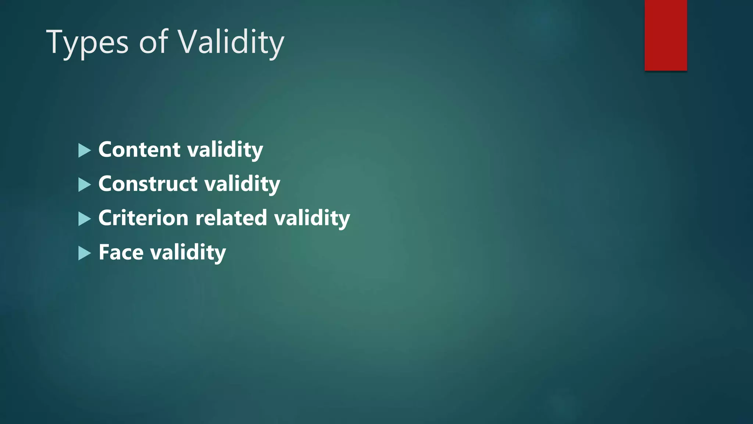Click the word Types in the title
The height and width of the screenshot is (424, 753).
87,43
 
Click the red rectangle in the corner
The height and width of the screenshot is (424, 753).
665,35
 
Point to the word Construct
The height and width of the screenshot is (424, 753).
148,184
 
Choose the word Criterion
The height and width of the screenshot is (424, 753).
143,218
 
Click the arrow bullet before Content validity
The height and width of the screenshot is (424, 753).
84,151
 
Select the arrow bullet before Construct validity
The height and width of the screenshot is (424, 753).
84,185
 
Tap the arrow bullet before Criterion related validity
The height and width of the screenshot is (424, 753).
84,219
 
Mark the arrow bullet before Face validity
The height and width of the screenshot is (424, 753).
84,253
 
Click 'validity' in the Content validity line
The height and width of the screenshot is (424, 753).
225,150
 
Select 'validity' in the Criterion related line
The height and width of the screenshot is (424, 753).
312,218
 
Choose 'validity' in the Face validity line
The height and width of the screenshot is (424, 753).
188,253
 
